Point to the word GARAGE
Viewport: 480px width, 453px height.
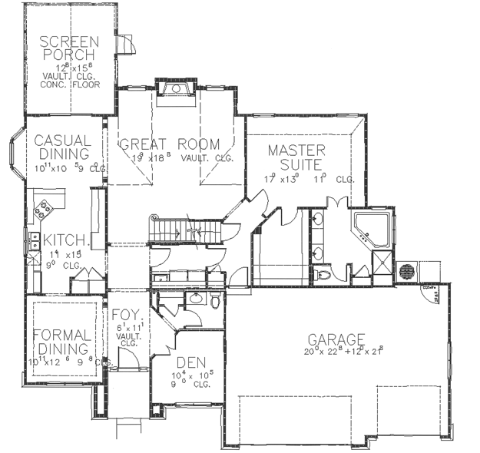click(336, 339)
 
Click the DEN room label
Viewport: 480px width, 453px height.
click(190, 362)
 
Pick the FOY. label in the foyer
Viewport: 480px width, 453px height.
click(124, 316)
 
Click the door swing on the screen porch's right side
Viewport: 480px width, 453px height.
click(127, 45)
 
